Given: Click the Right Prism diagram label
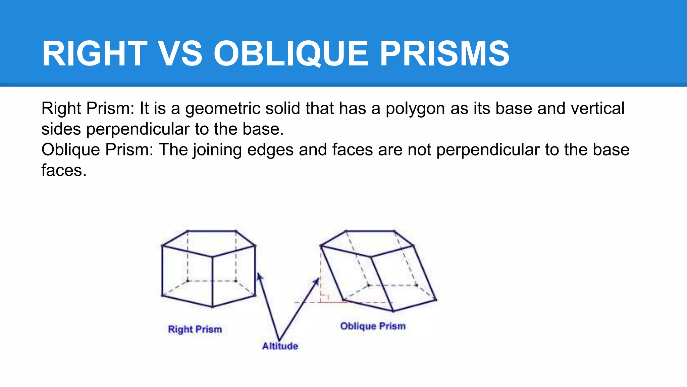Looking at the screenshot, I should (x=195, y=329).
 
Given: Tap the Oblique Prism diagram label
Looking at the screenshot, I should (x=373, y=326).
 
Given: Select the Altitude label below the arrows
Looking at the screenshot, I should (x=280, y=346).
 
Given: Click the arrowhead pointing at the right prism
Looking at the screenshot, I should (x=259, y=276).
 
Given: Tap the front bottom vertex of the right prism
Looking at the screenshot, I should (x=212, y=307).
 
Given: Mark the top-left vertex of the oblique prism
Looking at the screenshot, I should (x=321, y=246).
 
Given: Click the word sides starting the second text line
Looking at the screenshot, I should (x=61, y=129).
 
